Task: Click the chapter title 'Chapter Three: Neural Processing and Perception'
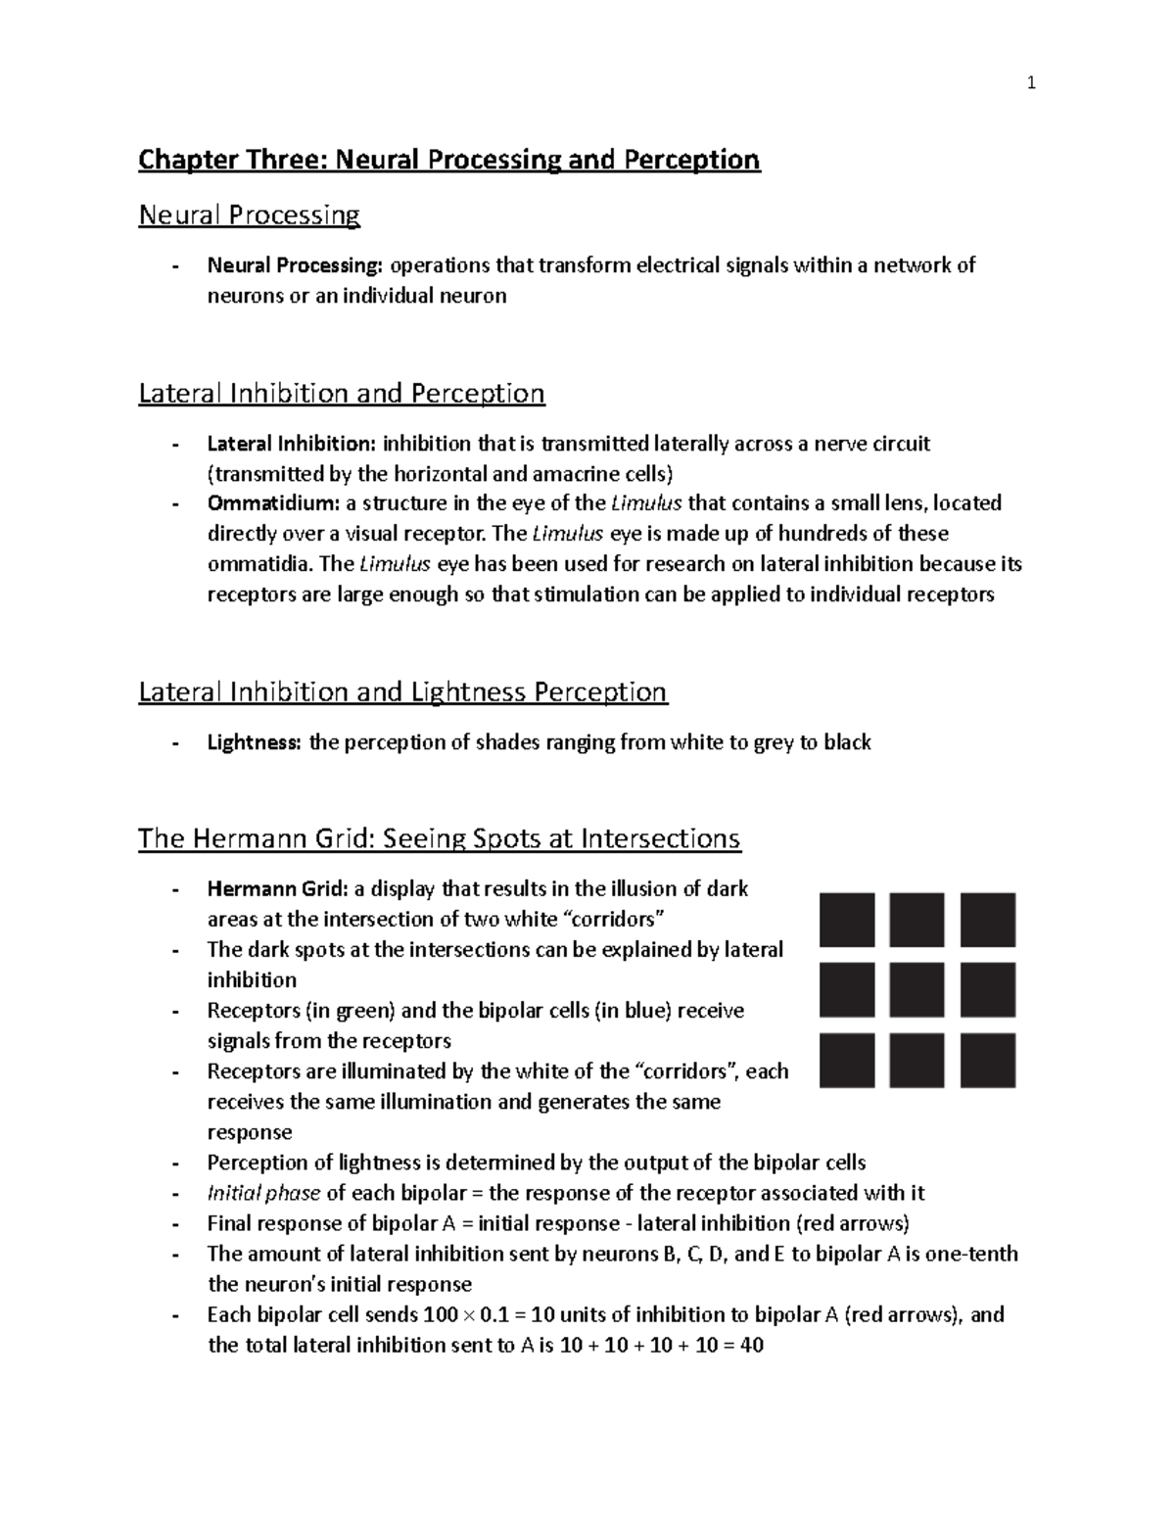pos(448,160)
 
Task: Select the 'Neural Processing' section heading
pos(249,214)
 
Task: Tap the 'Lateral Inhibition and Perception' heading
pos(341,394)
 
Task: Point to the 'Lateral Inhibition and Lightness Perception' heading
pos(402,692)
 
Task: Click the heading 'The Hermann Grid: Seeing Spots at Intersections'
pos(439,839)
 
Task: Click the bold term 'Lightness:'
pos(254,742)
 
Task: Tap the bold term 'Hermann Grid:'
pos(277,889)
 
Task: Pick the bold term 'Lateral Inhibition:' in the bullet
pos(291,444)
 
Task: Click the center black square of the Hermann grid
pos(917,990)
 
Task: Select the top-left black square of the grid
pos(847,920)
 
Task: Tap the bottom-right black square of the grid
pos(988,1061)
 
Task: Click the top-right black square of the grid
pos(988,920)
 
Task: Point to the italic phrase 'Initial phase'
pos(263,1193)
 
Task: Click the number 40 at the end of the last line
pos(751,1345)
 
